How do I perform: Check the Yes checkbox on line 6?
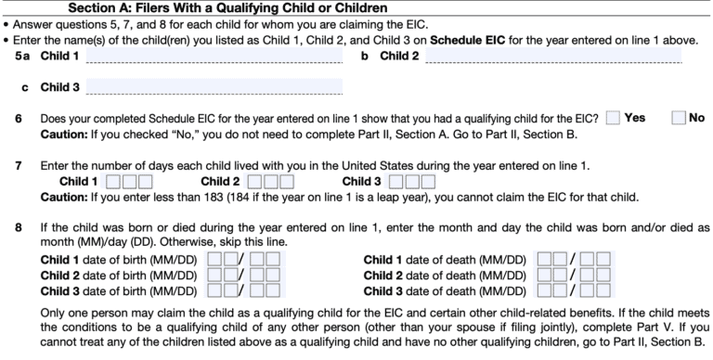tap(613, 119)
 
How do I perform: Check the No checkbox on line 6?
tap(679, 119)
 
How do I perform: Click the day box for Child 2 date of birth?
tap(264, 275)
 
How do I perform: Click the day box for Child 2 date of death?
tap(595, 275)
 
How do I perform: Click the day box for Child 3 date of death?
tap(595, 291)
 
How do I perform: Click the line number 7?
tap(18, 165)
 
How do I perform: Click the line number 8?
tap(18, 226)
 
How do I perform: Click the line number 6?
tap(18, 119)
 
